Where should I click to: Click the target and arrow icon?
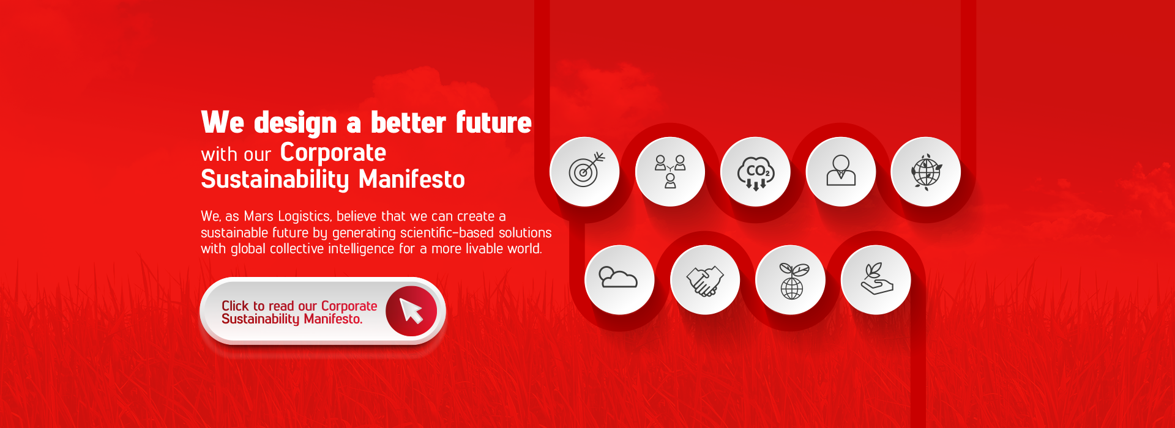(x=585, y=171)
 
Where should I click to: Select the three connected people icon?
(x=670, y=171)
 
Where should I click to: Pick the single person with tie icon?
(x=841, y=171)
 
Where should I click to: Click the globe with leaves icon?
(x=926, y=171)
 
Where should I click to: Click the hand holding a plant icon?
(x=877, y=279)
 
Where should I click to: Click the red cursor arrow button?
(x=411, y=311)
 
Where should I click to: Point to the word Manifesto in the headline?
(x=411, y=180)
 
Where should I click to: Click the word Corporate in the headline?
(x=333, y=153)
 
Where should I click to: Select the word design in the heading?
(x=295, y=123)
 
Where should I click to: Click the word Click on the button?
(x=235, y=306)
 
